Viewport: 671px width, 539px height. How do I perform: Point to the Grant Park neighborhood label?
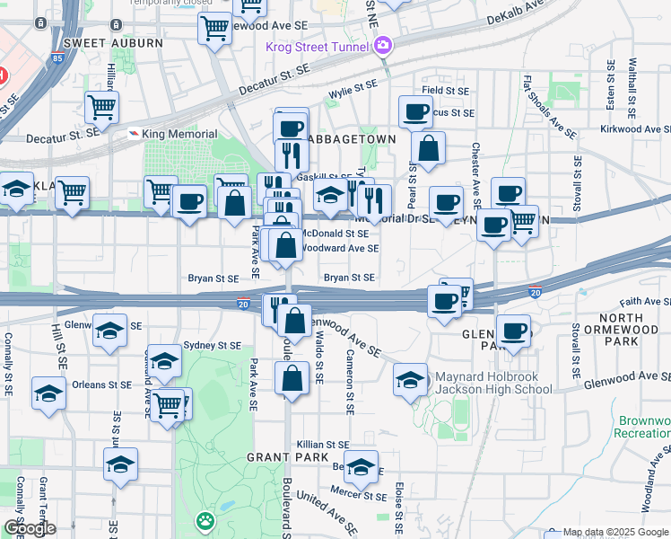point(278,457)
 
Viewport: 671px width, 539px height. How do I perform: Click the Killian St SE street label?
point(324,444)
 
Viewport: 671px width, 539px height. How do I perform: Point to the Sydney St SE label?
point(212,345)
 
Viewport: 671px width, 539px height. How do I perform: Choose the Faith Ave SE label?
point(639,302)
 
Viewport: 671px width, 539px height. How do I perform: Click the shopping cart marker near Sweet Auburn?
point(215,27)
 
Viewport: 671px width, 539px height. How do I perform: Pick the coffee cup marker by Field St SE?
point(414,111)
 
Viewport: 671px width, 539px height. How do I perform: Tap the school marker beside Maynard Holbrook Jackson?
point(410,379)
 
